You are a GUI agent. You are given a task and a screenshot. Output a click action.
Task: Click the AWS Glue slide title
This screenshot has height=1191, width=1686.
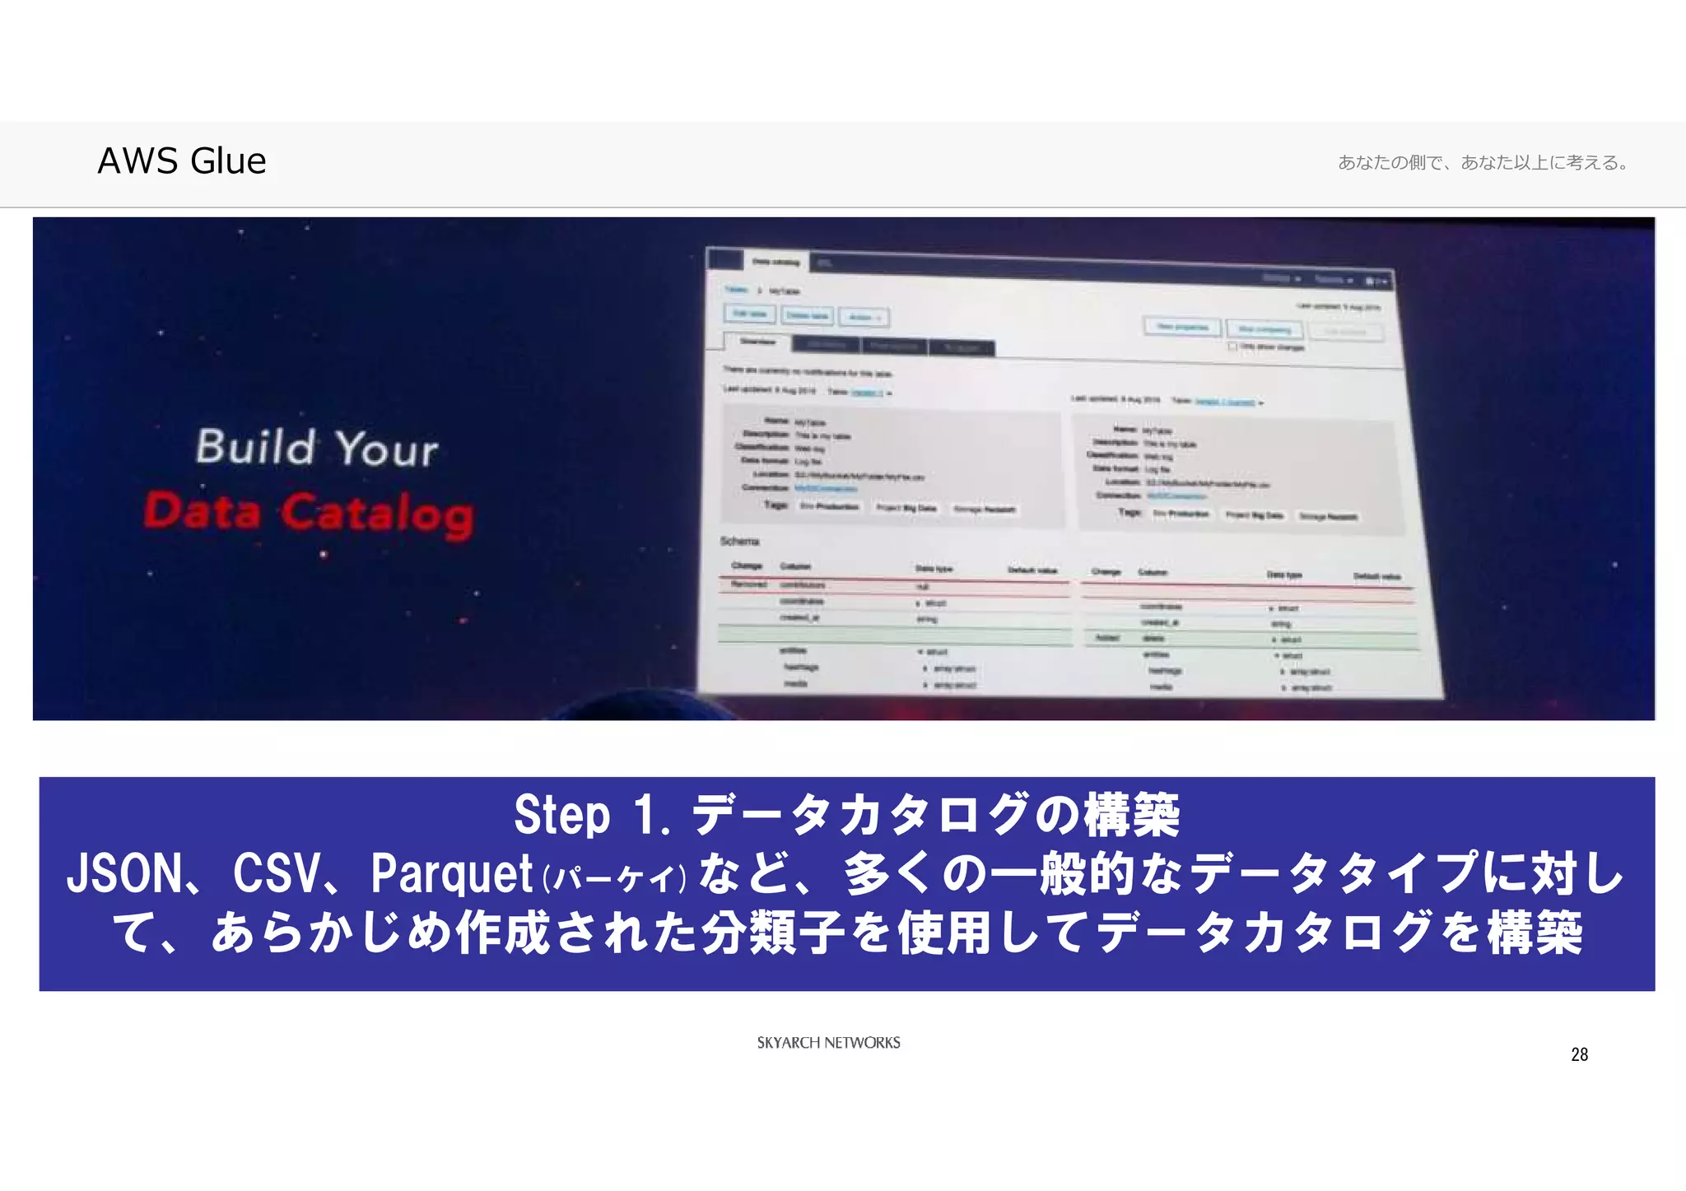coord(182,161)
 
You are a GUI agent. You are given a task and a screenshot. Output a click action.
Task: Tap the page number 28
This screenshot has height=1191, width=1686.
coord(1579,1054)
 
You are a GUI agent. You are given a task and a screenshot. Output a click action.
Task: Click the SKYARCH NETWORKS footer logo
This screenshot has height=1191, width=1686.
coord(828,1043)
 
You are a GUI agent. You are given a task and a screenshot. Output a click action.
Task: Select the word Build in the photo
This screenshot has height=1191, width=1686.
coord(255,447)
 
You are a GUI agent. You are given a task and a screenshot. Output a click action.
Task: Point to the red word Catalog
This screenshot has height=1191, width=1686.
coord(377,514)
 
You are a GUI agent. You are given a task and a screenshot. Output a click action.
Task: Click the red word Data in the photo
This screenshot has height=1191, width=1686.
coord(203,510)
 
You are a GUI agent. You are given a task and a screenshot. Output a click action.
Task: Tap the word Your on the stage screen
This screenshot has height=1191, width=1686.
coord(386,449)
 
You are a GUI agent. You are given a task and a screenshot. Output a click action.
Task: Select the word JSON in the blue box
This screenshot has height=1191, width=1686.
coord(124,873)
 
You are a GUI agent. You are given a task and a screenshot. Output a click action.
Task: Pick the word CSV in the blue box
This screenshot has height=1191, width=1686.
coord(277,873)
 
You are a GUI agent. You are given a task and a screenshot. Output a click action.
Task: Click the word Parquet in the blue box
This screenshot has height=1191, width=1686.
coord(451,873)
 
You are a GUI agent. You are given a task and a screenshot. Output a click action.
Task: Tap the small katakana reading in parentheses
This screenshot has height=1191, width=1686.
coord(614,878)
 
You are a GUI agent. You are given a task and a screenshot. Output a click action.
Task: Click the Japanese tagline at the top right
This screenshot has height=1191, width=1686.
coord(1483,162)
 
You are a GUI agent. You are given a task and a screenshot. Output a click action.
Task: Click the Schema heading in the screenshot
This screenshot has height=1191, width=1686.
coord(739,541)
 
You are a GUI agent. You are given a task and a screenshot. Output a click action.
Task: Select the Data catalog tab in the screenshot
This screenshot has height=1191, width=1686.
coord(775,263)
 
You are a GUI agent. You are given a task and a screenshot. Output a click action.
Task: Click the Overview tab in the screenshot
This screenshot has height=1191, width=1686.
coord(757,342)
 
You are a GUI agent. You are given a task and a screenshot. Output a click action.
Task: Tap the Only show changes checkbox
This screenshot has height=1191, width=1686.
coord(1232,347)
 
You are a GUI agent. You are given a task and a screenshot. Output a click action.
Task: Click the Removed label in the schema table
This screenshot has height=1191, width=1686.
coord(749,584)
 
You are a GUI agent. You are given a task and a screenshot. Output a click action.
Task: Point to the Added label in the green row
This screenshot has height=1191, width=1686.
coord(1107,638)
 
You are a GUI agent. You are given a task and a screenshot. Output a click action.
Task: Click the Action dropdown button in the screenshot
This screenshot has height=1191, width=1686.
coord(864,317)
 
